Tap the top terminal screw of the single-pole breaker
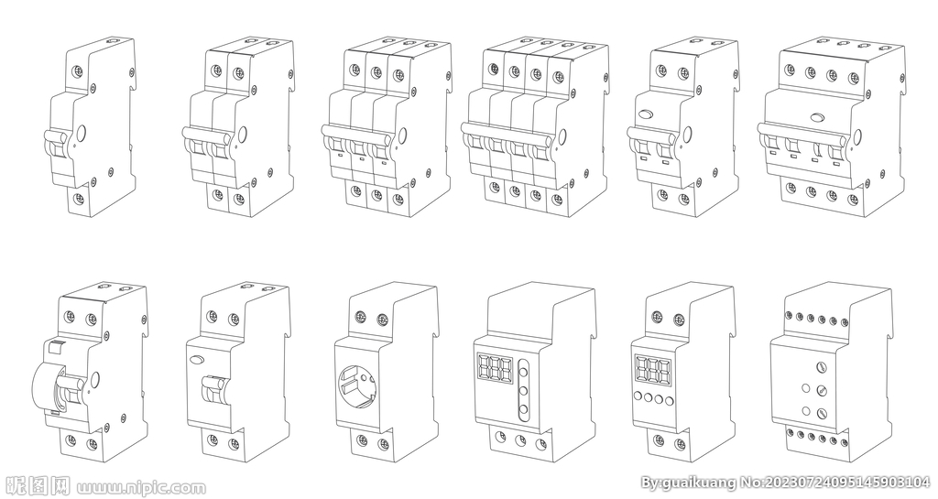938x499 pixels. coord(77,72)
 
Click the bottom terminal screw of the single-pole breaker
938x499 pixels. coord(77,197)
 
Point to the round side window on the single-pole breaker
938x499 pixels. coord(82,132)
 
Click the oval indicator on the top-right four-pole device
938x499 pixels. coord(816,116)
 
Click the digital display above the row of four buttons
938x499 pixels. coord(652,371)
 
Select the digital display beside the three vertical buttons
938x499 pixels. coord(495,368)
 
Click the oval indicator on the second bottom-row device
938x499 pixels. coord(195,360)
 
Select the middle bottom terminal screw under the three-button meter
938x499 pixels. coord(521,440)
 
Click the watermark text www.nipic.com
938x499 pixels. coord(141,487)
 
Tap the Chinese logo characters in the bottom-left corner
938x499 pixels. coord(37,486)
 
